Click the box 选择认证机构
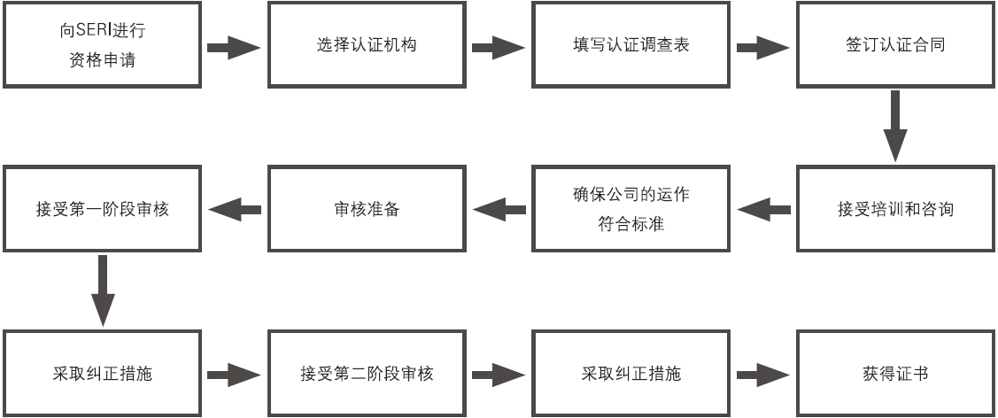tap(367, 44)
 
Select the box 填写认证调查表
tap(631, 44)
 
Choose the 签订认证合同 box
tap(895, 44)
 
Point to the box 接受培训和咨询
tap(895, 210)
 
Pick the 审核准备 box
tap(367, 210)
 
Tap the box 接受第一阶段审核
tap(103, 210)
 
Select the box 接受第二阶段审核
tap(367, 373)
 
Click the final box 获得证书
tap(895, 373)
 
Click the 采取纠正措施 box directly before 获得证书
tap(631, 373)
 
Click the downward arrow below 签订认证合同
tap(895, 125)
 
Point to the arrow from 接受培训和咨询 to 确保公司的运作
tap(764, 210)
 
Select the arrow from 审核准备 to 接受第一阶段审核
tap(235, 210)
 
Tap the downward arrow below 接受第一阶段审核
tap(103, 290)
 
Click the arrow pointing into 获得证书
tap(762, 374)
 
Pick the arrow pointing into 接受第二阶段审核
tap(235, 374)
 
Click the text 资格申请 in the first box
tap(102, 61)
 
